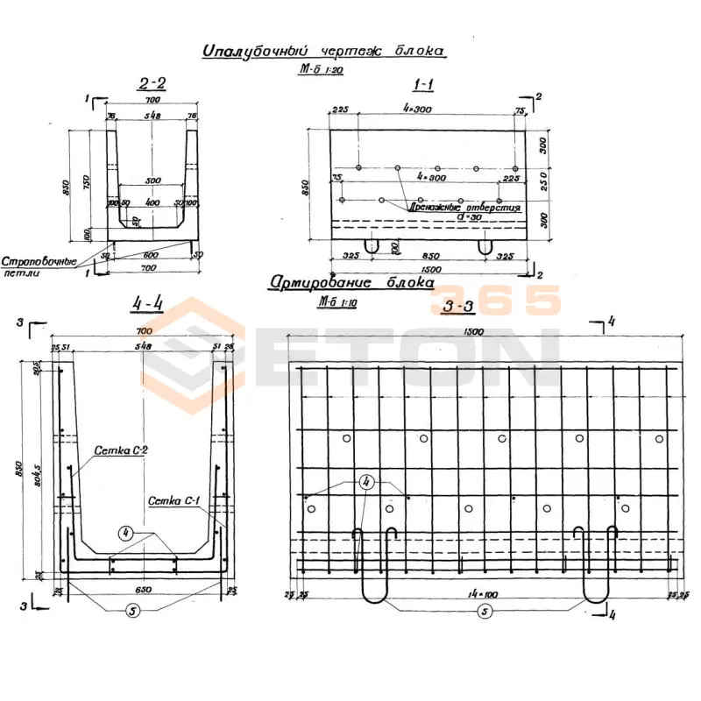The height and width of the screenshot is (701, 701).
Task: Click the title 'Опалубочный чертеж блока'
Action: pos(324,51)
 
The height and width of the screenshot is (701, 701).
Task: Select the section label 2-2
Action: pos(152,84)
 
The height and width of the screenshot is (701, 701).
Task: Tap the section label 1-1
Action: pos(425,84)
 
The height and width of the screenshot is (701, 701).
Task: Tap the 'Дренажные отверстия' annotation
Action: pos(464,209)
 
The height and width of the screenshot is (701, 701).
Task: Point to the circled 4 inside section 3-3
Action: pos(365,482)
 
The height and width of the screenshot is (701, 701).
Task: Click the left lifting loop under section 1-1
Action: pos(372,246)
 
